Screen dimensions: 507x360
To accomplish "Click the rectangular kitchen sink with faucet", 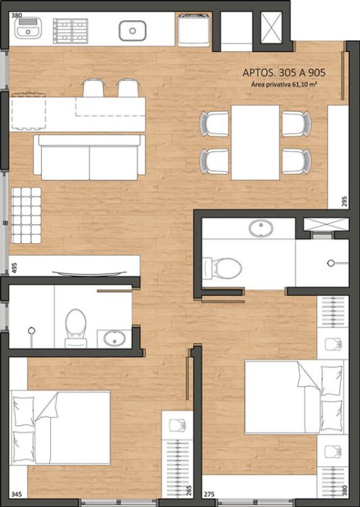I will tap(30, 30).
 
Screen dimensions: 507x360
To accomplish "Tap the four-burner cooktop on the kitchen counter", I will tap(70, 30).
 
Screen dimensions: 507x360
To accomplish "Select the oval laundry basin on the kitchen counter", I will tap(134, 30).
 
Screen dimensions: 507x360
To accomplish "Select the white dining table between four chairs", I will tap(256, 143).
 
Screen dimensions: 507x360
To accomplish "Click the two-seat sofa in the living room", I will tap(89, 156).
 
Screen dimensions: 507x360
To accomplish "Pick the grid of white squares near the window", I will tap(30, 214).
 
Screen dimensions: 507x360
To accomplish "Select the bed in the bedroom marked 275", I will tap(293, 398).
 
